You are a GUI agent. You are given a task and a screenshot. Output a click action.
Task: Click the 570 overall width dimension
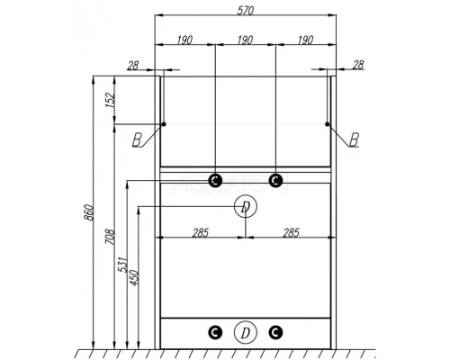[x=246, y=11]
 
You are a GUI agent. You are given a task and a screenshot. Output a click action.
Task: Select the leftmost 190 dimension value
[x=184, y=40]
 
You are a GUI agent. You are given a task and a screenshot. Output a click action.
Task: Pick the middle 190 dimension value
[x=245, y=40]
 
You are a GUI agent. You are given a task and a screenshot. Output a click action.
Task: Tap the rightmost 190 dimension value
[x=305, y=40]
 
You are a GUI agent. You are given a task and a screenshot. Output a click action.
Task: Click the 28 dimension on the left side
[x=133, y=66]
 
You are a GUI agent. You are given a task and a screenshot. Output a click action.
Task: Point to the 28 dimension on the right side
[x=358, y=65]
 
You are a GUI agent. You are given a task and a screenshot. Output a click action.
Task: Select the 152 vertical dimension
[x=111, y=100]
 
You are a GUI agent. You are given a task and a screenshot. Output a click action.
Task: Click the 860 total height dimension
[x=89, y=212]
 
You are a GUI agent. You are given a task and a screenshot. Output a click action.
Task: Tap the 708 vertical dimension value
[x=111, y=238]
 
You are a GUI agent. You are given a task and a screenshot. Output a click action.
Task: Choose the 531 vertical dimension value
[x=123, y=265]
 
